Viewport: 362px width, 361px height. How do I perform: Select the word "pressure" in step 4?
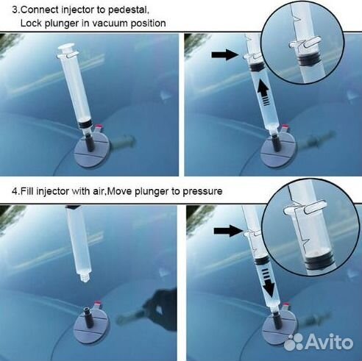click(x=202, y=191)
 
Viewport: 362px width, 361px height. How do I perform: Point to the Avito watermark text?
click(x=330, y=341)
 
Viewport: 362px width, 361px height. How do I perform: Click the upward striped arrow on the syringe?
click(x=264, y=93)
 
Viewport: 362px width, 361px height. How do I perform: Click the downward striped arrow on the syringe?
click(x=268, y=282)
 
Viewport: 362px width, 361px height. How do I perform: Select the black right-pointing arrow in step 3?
click(x=224, y=54)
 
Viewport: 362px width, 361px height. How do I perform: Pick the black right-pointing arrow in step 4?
click(x=227, y=231)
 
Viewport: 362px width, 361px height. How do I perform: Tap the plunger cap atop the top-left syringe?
click(x=66, y=47)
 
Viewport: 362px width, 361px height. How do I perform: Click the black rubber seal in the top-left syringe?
click(x=85, y=124)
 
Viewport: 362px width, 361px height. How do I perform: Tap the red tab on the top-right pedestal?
click(x=285, y=127)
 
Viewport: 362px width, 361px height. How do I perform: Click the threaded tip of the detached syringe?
click(x=84, y=278)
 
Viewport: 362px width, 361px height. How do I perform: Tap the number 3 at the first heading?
click(x=15, y=10)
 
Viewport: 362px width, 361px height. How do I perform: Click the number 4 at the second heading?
click(x=15, y=191)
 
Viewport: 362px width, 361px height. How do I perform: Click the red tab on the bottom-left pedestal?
click(x=98, y=303)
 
